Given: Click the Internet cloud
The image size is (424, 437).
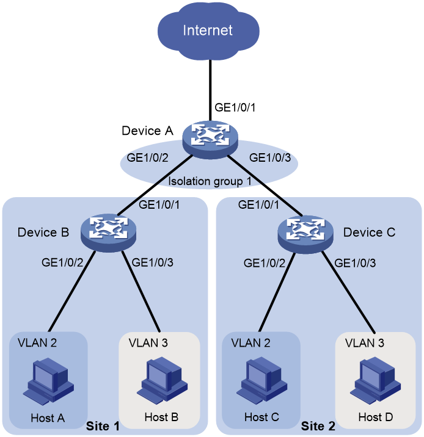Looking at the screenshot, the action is tap(208, 30).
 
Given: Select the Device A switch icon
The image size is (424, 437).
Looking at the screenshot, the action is tap(210, 139).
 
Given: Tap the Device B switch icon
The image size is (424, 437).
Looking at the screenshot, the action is tap(108, 233).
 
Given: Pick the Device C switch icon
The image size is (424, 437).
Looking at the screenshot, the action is tap(305, 234).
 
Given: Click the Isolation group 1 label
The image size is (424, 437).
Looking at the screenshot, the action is tap(210, 181).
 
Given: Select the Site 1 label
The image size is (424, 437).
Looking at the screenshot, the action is tap(103, 426).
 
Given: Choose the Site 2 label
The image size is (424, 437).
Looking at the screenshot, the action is tap(318, 426).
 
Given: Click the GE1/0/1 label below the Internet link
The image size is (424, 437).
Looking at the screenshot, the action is tap(235, 107).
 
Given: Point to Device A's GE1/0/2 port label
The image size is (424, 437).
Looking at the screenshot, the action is tap(148, 157).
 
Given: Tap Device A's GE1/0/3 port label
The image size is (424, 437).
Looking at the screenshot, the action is tap(270, 157).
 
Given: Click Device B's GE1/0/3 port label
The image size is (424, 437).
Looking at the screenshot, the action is tap(152, 262).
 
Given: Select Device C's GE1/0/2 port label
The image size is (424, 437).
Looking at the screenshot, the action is tap(265, 263).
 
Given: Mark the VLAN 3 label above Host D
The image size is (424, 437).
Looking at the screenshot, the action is tap(365, 343).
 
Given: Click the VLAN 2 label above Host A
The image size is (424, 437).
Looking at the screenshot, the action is tap(37, 343).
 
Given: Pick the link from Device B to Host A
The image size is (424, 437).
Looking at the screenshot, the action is tap(71, 292).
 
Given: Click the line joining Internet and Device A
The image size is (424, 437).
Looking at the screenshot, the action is tap(210, 90).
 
